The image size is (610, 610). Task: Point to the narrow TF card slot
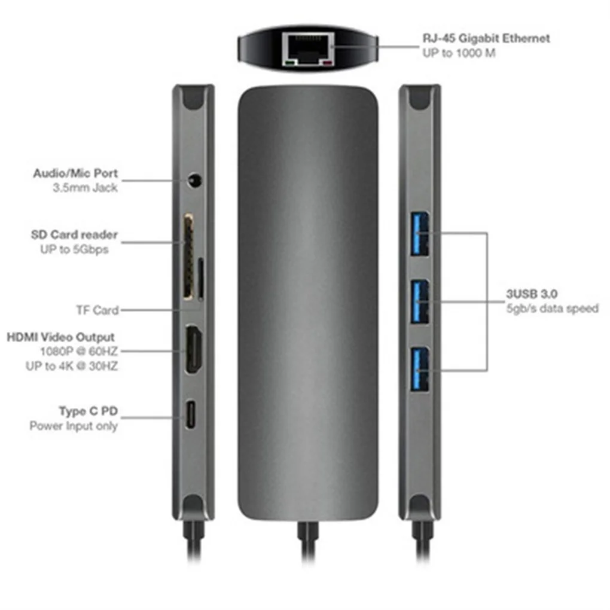[x=200, y=279]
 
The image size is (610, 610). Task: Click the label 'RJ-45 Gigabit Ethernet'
[x=485, y=38]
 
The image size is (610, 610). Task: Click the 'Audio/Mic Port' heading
[x=75, y=173]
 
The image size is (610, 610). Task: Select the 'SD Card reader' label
[x=74, y=234]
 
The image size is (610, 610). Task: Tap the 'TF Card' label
[x=97, y=310]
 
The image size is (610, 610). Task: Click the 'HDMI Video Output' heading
[x=60, y=337]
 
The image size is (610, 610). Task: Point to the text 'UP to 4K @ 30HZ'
[x=79, y=366]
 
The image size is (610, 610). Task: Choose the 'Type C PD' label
[x=88, y=411]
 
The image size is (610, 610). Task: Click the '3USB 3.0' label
[x=532, y=294]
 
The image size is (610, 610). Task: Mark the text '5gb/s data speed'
[x=552, y=309]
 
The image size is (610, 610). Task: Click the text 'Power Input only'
[x=74, y=426]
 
